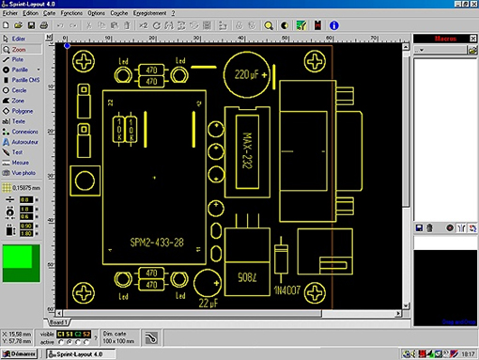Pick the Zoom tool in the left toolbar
click(19, 48)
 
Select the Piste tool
click(18, 58)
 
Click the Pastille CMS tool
click(24, 80)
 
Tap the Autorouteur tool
click(24, 142)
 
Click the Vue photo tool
click(23, 173)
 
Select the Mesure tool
click(20, 163)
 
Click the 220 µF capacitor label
click(249, 72)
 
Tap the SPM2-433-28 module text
click(157, 243)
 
